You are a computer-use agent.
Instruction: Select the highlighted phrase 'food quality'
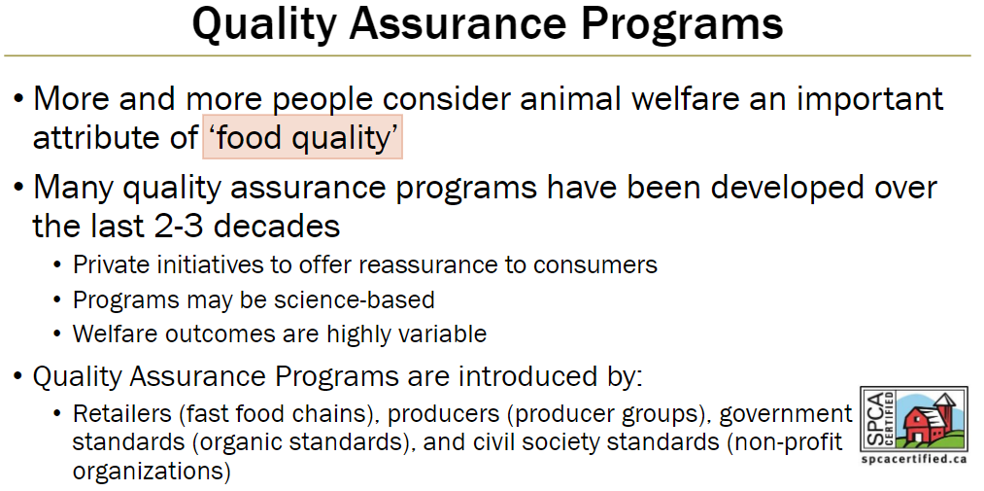coord(302,139)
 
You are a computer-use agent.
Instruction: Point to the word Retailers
coord(121,413)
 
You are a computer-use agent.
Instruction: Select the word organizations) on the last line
coord(152,473)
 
